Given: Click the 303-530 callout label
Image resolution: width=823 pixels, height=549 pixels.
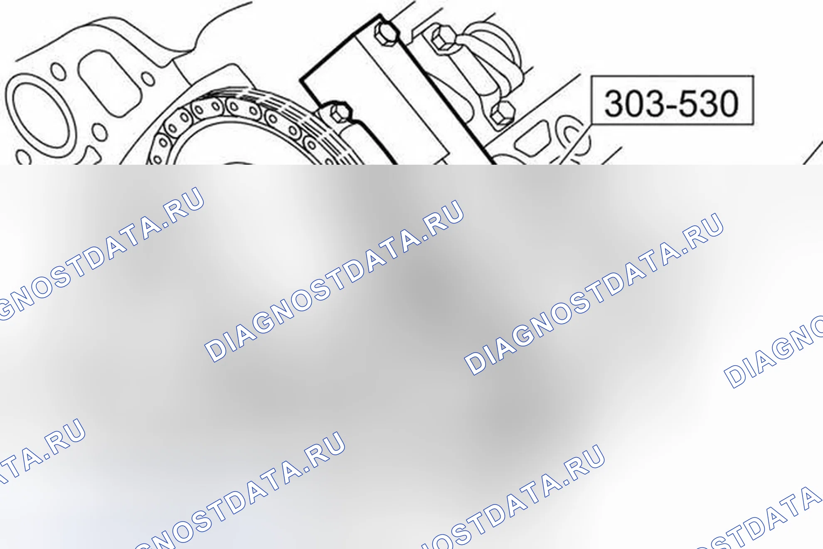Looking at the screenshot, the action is (672, 100).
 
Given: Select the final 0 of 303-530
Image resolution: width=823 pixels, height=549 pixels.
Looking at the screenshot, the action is (727, 103).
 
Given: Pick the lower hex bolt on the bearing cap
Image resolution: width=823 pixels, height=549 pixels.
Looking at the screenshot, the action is (503, 113).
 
